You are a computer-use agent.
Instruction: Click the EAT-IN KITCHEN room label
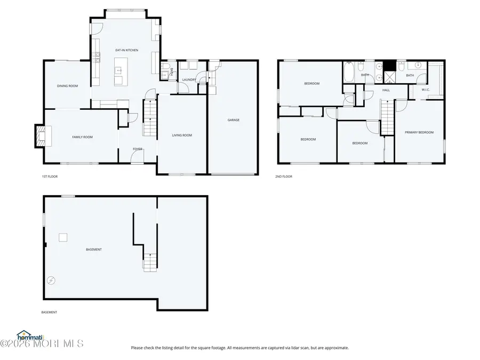point(127,50)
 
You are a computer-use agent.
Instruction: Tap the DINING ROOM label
point(68,86)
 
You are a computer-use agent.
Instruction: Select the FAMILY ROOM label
point(82,137)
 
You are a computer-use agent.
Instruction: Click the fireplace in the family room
point(41,136)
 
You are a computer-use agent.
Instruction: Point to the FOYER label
point(138,149)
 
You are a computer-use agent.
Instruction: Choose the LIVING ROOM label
point(182,135)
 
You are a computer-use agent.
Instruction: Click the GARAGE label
point(234,120)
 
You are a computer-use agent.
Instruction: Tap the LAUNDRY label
point(189,80)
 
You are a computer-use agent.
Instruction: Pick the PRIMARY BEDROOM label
point(419,132)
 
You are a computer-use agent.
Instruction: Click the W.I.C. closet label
point(426,90)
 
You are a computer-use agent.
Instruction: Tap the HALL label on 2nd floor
point(386,90)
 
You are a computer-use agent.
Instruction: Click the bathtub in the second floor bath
point(349,73)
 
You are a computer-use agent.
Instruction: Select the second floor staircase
point(386,119)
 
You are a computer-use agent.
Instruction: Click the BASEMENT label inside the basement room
point(94,250)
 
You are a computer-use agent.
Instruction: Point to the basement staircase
point(150,261)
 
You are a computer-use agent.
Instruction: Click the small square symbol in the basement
point(63,237)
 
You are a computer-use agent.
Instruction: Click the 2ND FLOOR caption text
point(284,177)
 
